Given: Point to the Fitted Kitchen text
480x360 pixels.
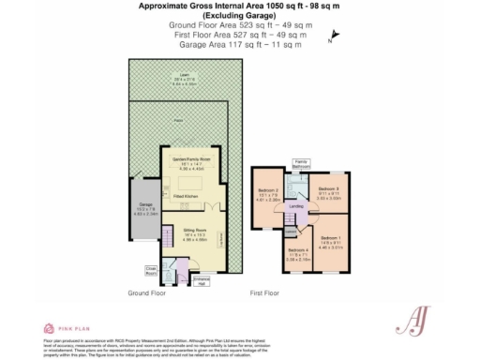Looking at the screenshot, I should (x=186, y=195).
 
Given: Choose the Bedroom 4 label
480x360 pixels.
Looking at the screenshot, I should (x=297, y=253).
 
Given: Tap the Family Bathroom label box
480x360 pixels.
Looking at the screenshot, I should (x=300, y=164).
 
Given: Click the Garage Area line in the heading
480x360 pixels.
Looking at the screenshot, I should (x=239, y=44).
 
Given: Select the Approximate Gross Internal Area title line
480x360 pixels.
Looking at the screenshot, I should (x=239, y=6).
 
